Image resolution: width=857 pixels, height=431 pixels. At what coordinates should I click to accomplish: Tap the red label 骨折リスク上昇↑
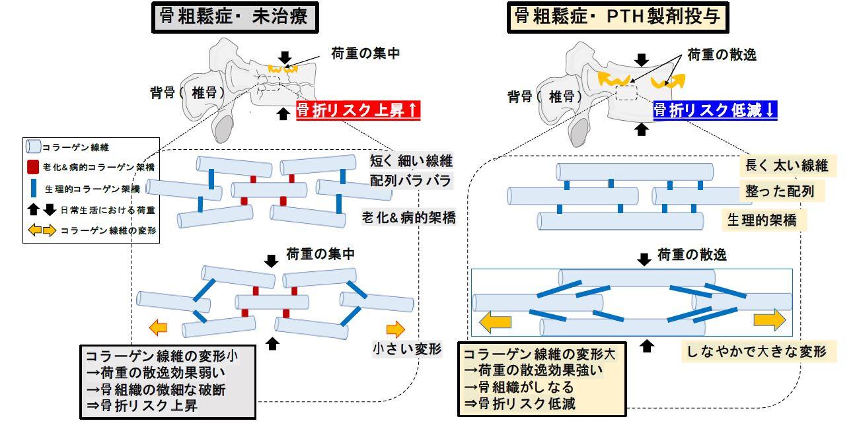click(x=358, y=111)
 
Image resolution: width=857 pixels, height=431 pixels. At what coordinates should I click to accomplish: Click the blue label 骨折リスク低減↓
click(x=715, y=110)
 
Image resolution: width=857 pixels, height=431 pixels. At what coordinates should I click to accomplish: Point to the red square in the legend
click(x=33, y=167)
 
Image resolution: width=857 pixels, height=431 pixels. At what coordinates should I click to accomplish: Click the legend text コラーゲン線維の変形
click(x=108, y=231)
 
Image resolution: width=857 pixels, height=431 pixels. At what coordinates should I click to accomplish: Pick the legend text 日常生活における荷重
click(x=108, y=210)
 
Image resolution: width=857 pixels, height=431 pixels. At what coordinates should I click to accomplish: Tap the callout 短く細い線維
click(x=411, y=161)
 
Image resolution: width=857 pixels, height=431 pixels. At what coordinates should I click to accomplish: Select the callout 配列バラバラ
click(x=410, y=181)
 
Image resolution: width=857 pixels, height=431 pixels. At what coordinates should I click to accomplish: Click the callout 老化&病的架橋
click(x=408, y=218)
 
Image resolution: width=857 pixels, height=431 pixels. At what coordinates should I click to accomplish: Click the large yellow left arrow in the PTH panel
click(x=495, y=321)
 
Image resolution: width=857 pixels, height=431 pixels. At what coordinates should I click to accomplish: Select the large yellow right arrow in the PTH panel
click(x=769, y=320)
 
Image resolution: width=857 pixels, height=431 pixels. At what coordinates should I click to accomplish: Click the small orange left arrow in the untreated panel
click(x=158, y=328)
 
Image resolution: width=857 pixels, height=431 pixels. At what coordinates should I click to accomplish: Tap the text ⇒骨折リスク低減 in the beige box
click(x=519, y=403)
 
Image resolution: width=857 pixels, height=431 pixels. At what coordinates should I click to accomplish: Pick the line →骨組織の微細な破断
click(x=156, y=389)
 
